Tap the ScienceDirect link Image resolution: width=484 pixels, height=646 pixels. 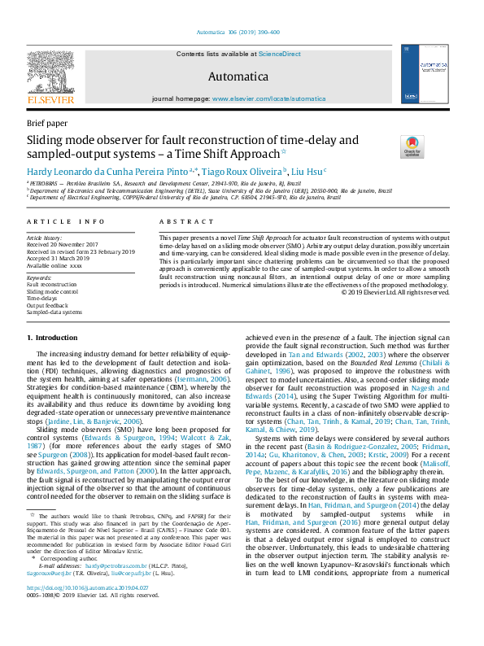tap(279, 55)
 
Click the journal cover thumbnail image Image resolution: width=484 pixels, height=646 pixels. tap(424, 75)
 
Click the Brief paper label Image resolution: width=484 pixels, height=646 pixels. tap(48, 123)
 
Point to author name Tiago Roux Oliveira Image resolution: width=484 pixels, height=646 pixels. tap(243, 172)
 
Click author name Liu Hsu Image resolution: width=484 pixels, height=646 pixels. tap(308, 172)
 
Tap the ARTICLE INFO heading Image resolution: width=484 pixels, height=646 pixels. tap(66, 221)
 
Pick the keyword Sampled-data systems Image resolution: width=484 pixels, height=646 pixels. tap(55, 312)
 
